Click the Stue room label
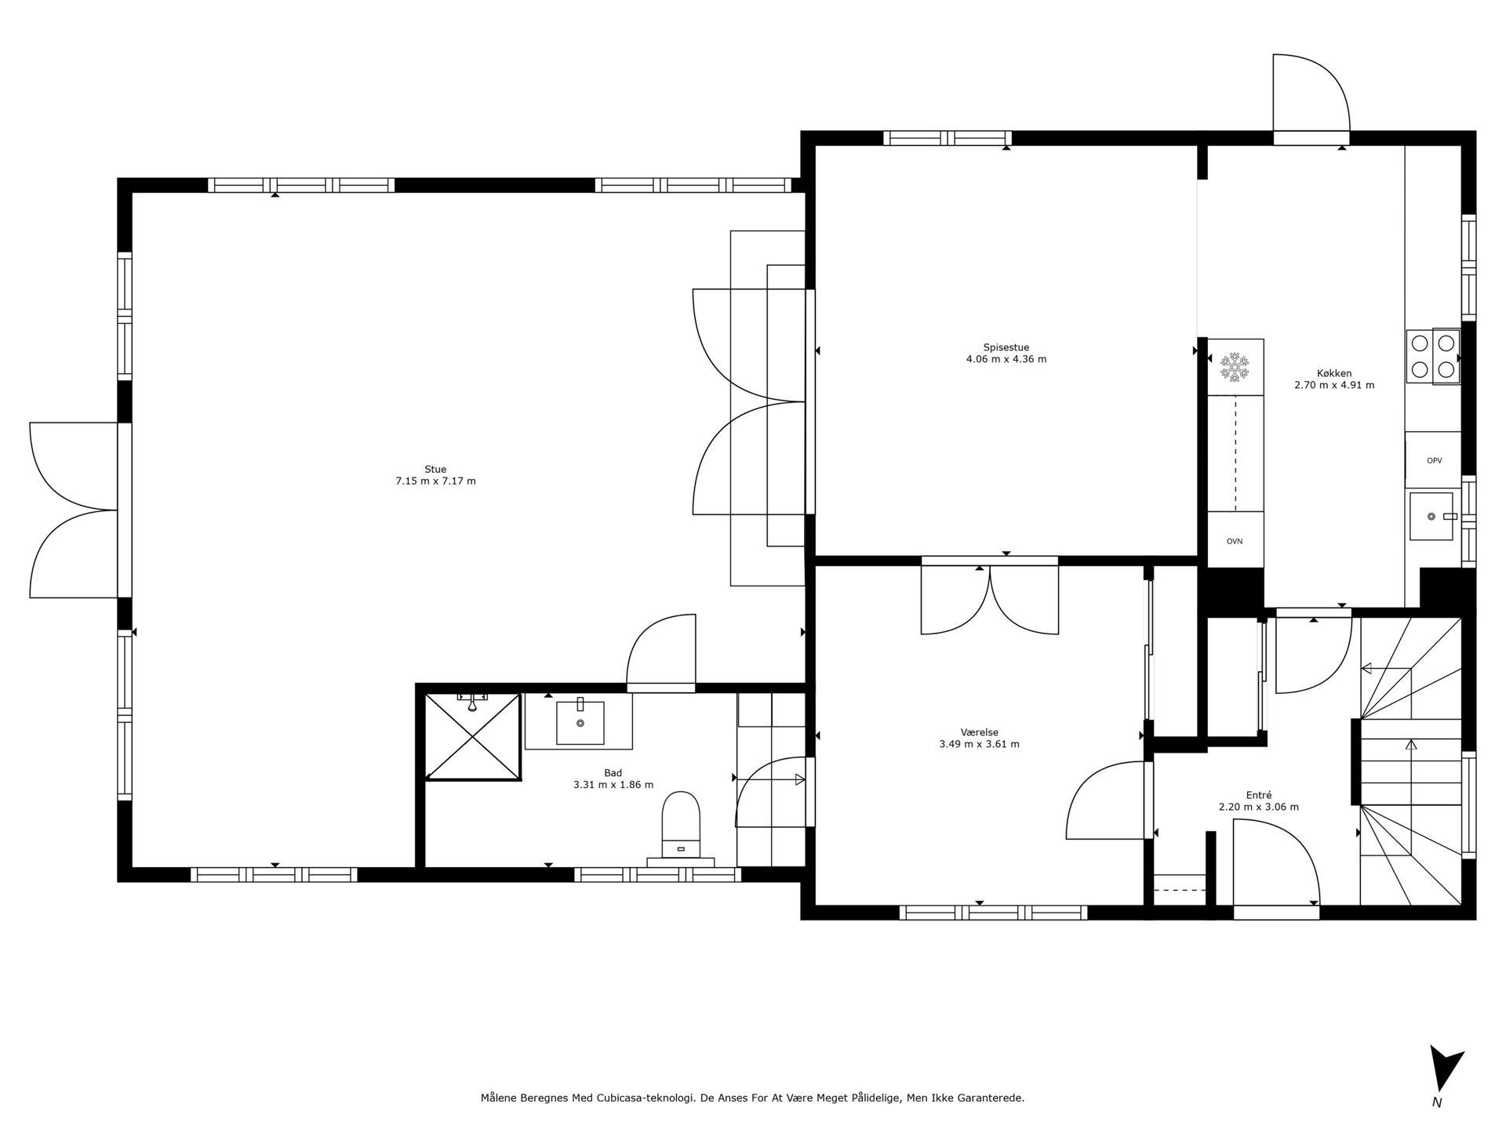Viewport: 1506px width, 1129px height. (x=435, y=470)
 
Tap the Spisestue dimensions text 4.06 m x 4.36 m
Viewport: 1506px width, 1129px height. (x=1006, y=360)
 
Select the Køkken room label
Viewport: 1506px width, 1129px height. (x=1334, y=373)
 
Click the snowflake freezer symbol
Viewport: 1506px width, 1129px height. (x=1235, y=368)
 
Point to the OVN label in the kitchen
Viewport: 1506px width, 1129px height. (x=1235, y=541)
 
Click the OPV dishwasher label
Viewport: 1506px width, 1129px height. (x=1434, y=461)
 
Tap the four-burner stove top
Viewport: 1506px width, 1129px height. (x=1433, y=356)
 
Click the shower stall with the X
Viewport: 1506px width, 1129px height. (x=473, y=736)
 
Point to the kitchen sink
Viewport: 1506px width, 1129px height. (x=1432, y=516)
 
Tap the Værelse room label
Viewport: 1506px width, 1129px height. (x=979, y=732)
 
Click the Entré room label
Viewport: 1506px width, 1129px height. (x=1258, y=794)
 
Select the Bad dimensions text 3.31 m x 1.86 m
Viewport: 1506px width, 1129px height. (x=613, y=785)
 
